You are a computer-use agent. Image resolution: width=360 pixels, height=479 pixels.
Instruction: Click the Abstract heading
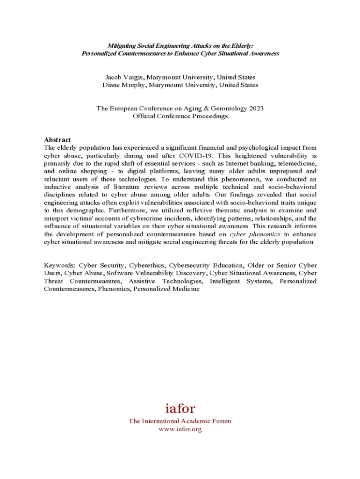[x=58, y=139]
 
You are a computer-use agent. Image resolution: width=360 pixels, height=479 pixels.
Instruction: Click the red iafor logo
[x=180, y=408]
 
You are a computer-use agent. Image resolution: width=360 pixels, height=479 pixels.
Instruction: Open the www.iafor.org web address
[x=180, y=429]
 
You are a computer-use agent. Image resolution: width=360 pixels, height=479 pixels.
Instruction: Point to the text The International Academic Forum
[x=180, y=421]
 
